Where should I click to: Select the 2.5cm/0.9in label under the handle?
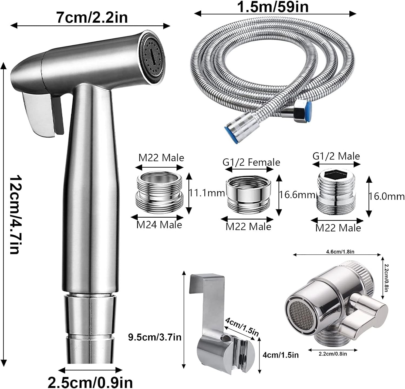click(x=90, y=383)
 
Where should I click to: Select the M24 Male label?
click(x=159, y=225)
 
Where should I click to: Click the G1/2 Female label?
click(x=251, y=162)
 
